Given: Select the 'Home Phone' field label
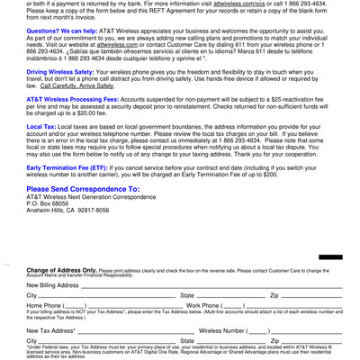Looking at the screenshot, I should tap(44, 306).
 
